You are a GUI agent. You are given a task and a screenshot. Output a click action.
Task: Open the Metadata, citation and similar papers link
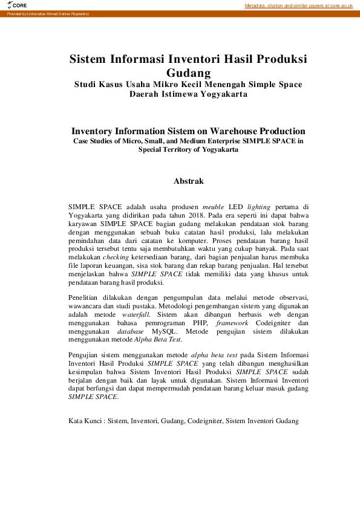coord(298,5)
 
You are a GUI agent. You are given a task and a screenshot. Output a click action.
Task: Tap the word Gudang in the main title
coord(188,73)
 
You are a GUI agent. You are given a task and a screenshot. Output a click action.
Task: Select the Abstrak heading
coord(188,181)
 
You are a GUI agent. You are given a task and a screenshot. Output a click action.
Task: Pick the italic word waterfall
coord(136,315)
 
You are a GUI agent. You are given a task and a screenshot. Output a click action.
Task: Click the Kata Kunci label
coord(85,421)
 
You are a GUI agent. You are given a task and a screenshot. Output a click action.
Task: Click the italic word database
coord(126,331)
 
